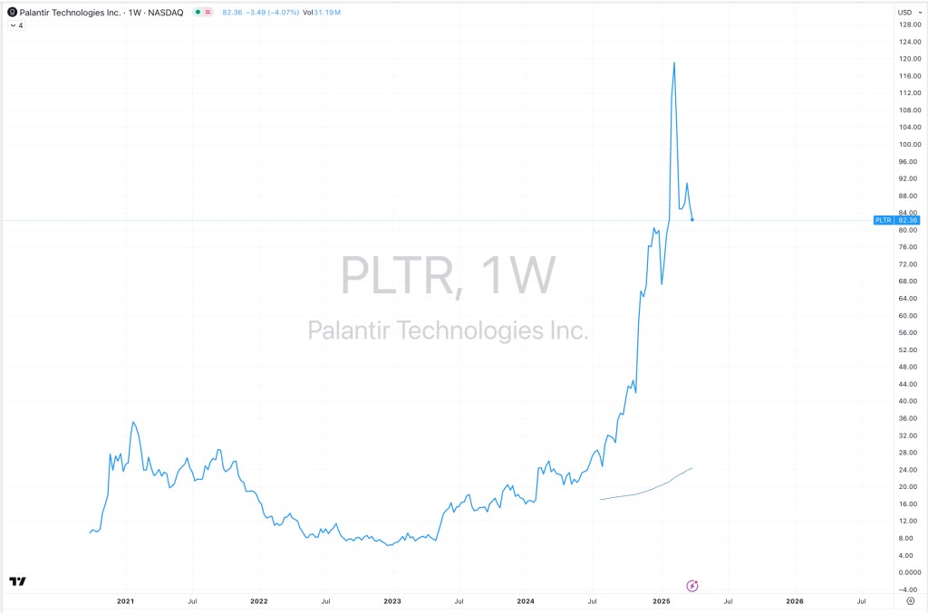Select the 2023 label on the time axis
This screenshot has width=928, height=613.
point(392,600)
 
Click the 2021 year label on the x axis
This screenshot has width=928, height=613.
point(125,600)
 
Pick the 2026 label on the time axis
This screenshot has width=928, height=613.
point(794,600)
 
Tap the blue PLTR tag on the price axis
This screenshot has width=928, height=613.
point(883,220)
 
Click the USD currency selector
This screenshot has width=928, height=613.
point(904,12)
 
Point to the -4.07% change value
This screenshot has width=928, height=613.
point(283,12)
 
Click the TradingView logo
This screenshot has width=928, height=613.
point(16,581)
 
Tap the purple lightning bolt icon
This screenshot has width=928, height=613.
point(693,586)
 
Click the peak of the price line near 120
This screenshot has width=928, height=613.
point(674,62)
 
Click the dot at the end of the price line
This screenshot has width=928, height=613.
point(692,220)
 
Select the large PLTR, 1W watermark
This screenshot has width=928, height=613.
point(447,275)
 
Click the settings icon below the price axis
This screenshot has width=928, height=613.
point(910,600)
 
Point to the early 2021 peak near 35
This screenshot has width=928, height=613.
point(132,422)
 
